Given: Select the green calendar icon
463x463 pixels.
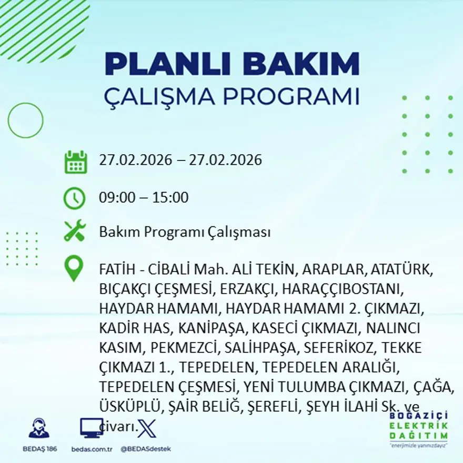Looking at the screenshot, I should [x=75, y=162].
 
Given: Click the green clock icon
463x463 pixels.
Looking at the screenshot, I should [x=74, y=198].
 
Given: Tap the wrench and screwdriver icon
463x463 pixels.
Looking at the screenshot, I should [x=74, y=231].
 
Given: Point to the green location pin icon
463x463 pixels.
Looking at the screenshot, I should [x=74, y=268].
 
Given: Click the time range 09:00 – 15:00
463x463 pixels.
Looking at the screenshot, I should [x=144, y=198].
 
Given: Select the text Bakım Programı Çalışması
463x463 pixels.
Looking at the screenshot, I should [x=185, y=232].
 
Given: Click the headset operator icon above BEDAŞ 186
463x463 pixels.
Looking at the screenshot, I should [x=39, y=428].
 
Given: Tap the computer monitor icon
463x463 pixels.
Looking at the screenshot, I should [x=92, y=428].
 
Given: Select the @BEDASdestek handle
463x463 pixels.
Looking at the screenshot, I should [x=146, y=449].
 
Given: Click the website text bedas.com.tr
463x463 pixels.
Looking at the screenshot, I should [x=92, y=449].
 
